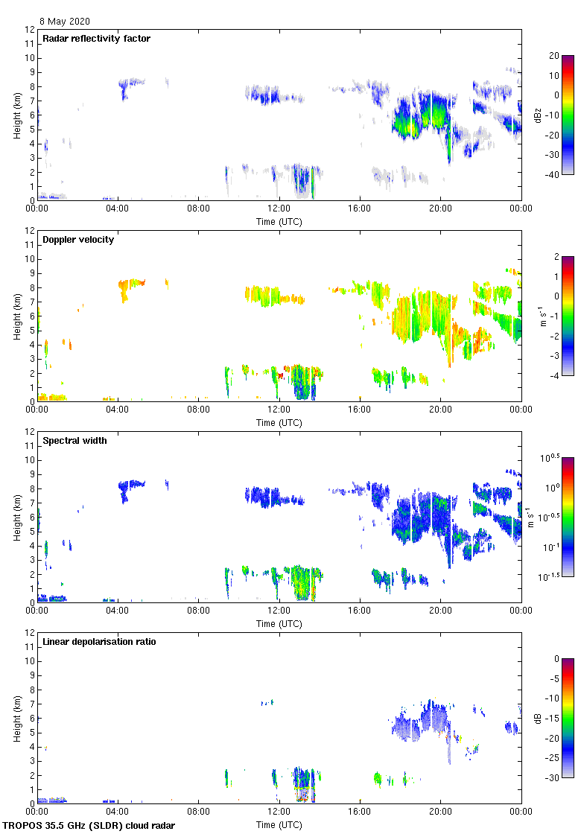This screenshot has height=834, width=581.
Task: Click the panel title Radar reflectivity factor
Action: click(97, 39)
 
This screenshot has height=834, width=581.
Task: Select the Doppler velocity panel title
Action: click(78, 240)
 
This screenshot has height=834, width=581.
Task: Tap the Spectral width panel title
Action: click(75, 441)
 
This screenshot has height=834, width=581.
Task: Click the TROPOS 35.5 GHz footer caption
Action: click(89, 826)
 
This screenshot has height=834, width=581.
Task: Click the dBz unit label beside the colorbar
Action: click(538, 115)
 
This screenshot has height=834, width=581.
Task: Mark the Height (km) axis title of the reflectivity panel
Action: click(17, 115)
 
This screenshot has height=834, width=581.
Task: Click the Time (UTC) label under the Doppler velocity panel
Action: click(279, 422)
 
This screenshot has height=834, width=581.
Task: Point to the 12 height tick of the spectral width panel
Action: click(30, 432)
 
